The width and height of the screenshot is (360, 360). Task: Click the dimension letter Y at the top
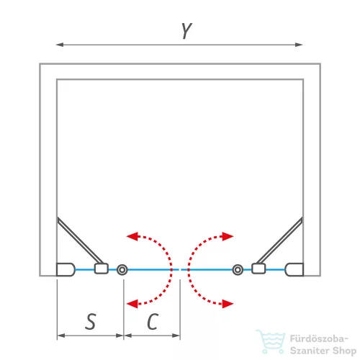[186, 30]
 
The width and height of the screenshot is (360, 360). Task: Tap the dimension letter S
[91, 321]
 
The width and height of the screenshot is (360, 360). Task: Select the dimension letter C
[153, 321]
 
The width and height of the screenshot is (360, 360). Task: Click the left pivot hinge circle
[122, 270]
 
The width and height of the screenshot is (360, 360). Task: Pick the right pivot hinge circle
[238, 270]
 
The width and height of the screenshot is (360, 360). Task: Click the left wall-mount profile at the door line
[66, 270]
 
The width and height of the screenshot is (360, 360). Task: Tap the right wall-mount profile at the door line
[294, 270]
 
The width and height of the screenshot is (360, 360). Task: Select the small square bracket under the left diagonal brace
[102, 269]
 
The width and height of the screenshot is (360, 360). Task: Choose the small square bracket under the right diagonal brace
[258, 269]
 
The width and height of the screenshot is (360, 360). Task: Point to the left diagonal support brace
[80, 240]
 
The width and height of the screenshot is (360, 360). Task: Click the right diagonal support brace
[279, 240]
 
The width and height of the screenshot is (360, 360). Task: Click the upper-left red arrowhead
[132, 236]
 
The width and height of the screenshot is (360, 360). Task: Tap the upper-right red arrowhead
[228, 236]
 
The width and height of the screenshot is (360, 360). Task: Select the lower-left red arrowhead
[132, 304]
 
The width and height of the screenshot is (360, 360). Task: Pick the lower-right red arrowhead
[228, 304]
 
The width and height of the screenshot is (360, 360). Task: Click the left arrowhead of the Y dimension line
[60, 45]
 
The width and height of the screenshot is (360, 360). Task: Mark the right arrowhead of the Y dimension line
[299, 45]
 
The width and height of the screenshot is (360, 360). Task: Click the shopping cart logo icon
[271, 341]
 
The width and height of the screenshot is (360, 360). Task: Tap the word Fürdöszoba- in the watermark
[319, 338]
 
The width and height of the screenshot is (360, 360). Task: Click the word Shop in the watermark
[344, 351]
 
